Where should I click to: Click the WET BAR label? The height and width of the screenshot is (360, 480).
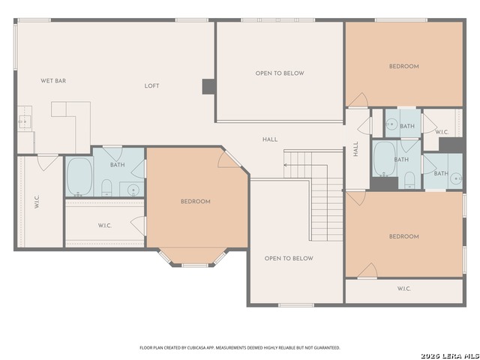click(x=53, y=81)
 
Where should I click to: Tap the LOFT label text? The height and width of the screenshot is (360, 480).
click(x=151, y=86)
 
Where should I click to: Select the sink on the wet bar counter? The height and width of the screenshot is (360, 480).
click(x=24, y=121)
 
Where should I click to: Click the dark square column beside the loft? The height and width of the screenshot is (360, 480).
click(x=208, y=87)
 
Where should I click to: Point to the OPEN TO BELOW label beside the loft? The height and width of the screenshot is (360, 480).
click(x=280, y=73)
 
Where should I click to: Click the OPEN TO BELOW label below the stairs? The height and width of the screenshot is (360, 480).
click(x=289, y=259)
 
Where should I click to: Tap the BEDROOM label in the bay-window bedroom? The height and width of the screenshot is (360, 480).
click(x=196, y=202)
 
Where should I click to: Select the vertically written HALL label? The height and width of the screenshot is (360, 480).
click(x=355, y=149)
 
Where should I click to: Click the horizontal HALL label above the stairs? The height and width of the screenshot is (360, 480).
click(x=270, y=139)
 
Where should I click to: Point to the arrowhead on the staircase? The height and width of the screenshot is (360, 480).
click(x=285, y=165)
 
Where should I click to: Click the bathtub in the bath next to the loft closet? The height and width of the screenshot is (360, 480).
click(x=79, y=177)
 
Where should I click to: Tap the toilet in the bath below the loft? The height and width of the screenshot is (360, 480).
click(x=106, y=187)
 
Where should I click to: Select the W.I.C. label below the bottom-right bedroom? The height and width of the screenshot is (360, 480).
click(x=404, y=289)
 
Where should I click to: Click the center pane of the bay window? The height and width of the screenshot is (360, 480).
click(x=195, y=265)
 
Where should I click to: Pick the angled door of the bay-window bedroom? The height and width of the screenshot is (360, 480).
click(x=233, y=158)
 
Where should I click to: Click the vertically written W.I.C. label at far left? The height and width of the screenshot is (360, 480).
click(x=37, y=202)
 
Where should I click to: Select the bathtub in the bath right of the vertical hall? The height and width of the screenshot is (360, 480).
click(x=385, y=158)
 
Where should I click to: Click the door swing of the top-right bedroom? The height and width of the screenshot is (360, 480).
click(x=358, y=100)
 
